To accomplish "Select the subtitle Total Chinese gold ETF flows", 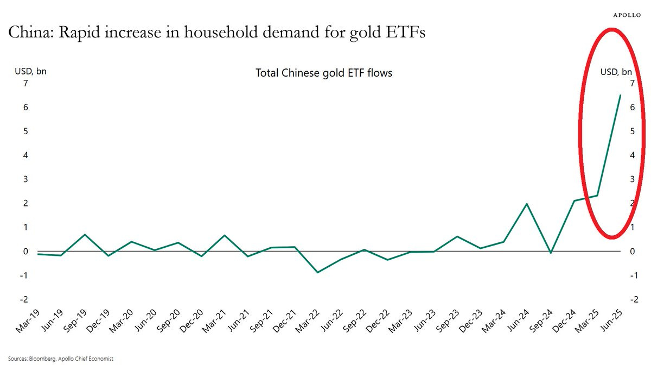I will coord(323,73).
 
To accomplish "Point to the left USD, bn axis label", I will coord(30,72).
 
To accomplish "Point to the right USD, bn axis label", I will coord(616,72).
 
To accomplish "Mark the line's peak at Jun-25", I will coord(620,95).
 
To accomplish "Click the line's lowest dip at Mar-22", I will coord(318,272).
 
